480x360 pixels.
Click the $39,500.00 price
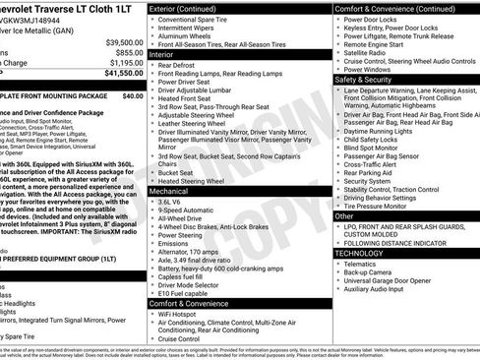124,42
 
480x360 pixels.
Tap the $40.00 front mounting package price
132,96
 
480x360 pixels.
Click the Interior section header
161,55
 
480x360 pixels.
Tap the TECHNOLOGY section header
360,253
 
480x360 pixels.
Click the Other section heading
344,215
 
